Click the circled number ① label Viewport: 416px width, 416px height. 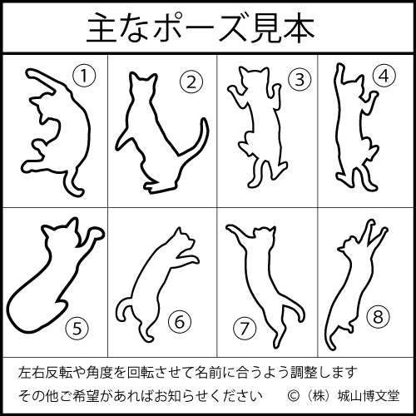[x=84, y=76]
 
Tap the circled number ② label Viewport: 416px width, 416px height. [x=191, y=82]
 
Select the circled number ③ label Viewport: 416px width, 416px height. [x=300, y=80]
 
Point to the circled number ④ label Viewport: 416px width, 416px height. [x=384, y=76]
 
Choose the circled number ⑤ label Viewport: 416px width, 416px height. [x=77, y=329]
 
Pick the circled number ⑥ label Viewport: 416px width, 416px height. [x=180, y=322]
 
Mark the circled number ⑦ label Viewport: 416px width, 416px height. [x=245, y=329]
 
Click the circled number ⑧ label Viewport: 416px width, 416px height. [x=378, y=317]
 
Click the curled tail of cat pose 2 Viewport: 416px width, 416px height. [x=201, y=144]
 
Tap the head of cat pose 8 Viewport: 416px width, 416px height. [x=350, y=244]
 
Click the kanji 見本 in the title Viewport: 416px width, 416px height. [x=283, y=27]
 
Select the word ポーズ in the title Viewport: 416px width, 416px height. [x=201, y=27]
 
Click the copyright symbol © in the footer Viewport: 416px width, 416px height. [x=294, y=396]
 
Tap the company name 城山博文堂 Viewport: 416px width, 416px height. [x=369, y=396]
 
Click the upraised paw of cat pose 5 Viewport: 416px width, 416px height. [x=94, y=235]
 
